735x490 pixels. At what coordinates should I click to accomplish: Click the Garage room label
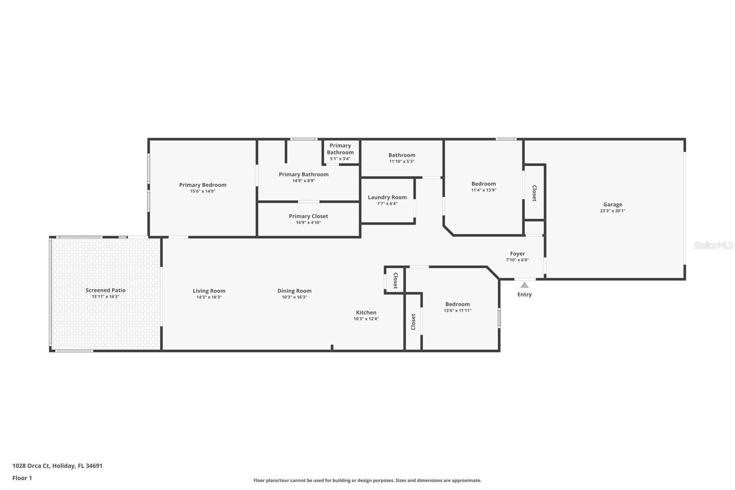(612, 205)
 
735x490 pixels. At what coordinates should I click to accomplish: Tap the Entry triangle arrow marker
(524, 285)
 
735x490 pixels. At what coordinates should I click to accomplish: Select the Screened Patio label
(105, 290)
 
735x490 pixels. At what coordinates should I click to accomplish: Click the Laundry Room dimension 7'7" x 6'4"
(387, 204)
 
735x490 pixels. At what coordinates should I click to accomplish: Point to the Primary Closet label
(308, 216)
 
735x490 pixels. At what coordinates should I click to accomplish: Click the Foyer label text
(517, 254)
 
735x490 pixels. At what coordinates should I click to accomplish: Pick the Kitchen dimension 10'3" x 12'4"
(366, 319)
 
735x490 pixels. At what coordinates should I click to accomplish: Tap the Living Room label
(209, 291)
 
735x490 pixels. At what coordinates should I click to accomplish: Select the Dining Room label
(294, 291)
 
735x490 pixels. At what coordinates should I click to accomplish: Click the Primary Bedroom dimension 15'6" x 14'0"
(203, 191)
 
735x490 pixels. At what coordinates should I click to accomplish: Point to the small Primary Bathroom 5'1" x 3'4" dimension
(340, 159)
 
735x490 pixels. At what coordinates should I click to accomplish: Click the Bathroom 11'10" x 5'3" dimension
(401, 161)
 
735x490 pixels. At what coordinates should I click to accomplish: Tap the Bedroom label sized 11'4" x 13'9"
(483, 184)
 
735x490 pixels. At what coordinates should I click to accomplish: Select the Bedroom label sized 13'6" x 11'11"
(457, 304)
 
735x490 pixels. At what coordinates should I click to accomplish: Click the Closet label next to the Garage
(534, 193)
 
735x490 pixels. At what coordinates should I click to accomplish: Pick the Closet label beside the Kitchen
(395, 280)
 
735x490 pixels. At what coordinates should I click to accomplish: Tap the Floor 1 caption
(22, 478)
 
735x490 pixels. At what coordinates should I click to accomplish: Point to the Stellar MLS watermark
(713, 245)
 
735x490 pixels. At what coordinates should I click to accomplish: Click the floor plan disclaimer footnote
(367, 480)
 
